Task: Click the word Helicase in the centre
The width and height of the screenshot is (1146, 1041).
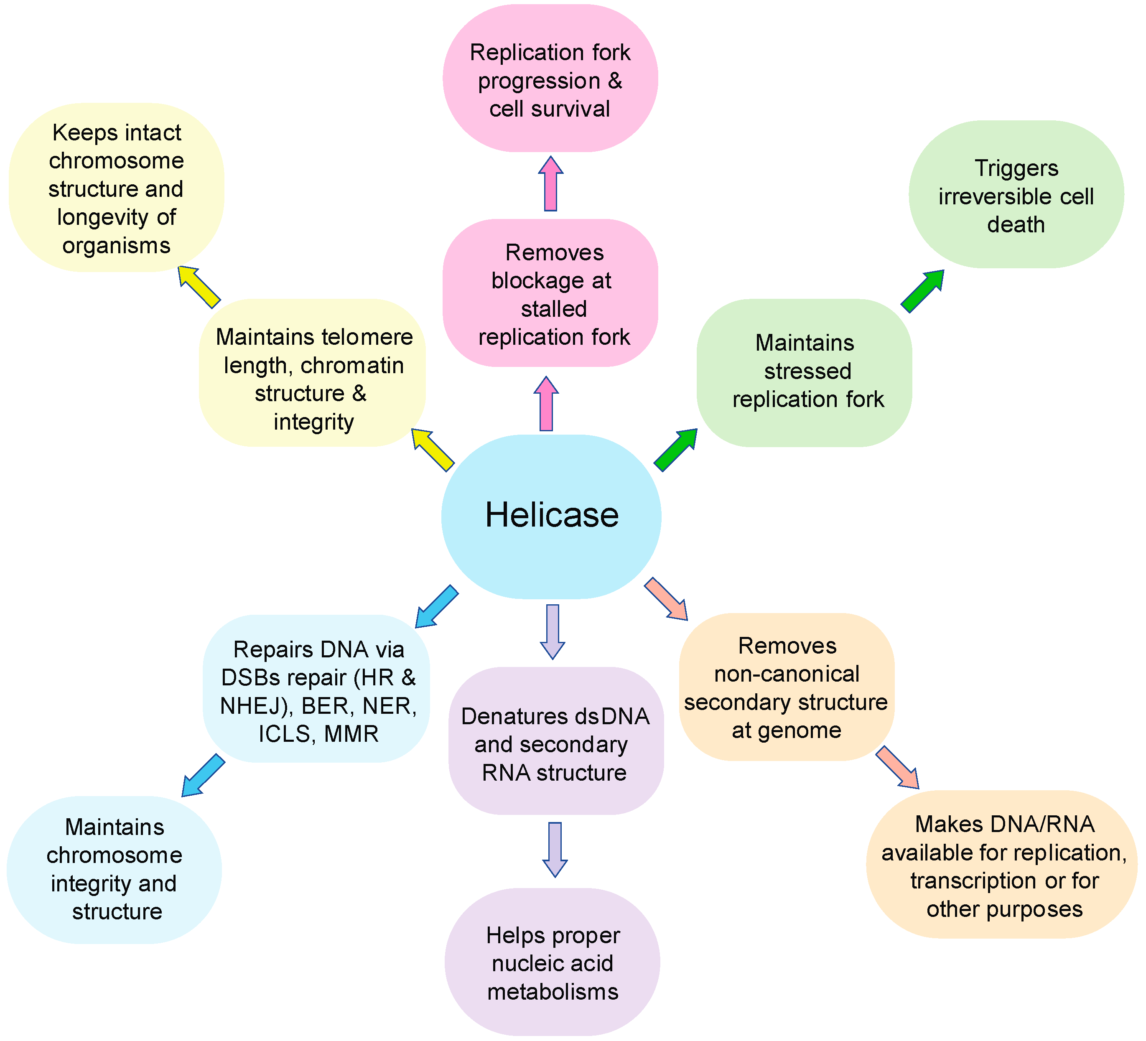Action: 551,515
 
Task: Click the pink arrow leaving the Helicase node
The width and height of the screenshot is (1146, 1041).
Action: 546,404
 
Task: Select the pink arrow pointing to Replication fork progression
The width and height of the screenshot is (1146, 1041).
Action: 550,183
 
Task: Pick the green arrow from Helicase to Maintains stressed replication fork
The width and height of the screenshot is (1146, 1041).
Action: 675,450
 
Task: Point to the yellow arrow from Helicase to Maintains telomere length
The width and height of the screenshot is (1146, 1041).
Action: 433,450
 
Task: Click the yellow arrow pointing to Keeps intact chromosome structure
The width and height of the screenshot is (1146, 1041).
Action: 199,287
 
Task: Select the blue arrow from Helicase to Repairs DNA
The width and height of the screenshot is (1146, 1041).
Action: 437,606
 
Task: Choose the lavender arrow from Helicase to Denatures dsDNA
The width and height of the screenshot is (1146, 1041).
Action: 553,631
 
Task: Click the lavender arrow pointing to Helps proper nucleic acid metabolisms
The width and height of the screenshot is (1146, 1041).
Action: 555,849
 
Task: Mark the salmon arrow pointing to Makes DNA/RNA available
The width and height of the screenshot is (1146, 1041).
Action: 897,768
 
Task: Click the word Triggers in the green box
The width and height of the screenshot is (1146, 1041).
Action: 1016,168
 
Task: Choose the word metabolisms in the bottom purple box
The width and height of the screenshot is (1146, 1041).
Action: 553,992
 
